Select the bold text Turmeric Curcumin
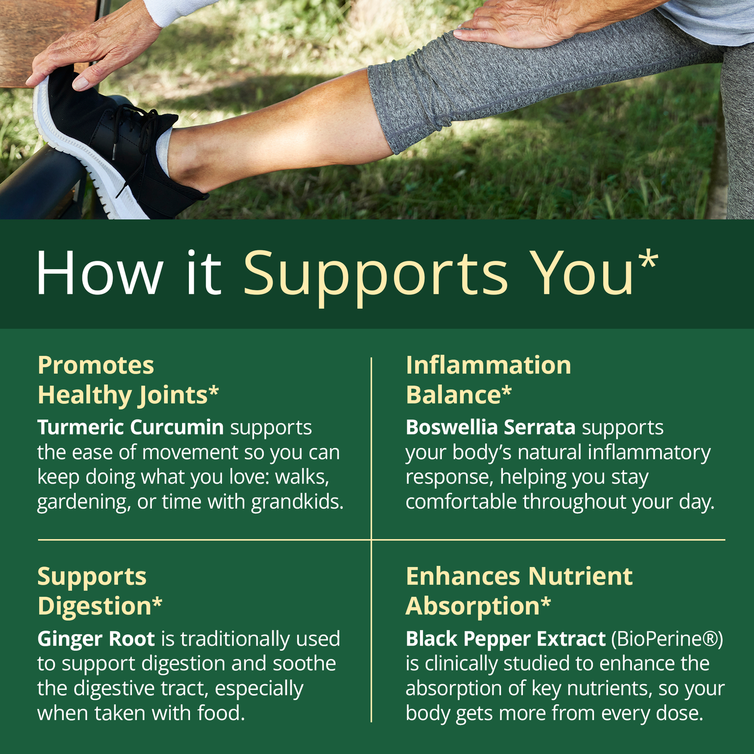(130, 427)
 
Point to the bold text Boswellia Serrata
(490, 427)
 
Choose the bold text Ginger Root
(96, 639)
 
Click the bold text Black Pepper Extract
(506, 639)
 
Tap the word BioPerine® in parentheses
(666, 639)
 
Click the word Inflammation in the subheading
(488, 365)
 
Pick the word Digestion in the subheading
(94, 606)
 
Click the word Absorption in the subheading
(473, 606)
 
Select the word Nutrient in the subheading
(580, 577)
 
